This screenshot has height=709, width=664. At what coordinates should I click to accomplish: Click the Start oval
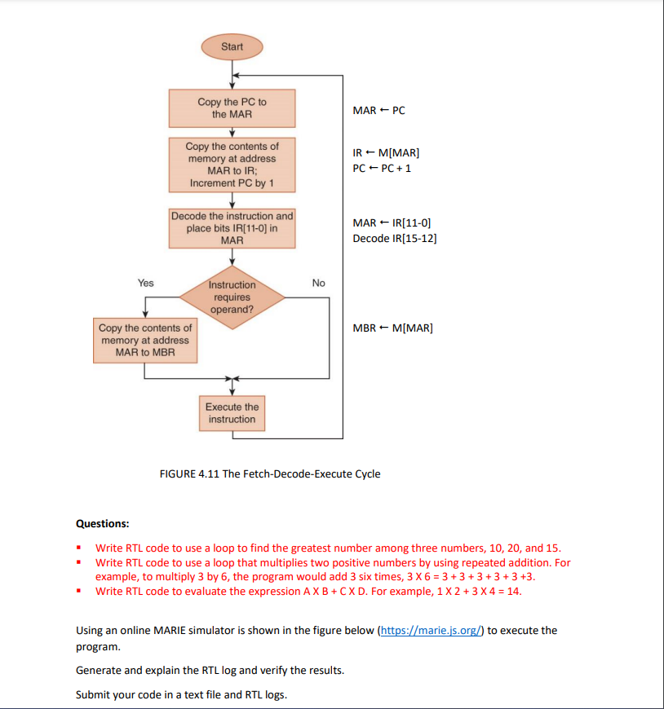pyautogui.click(x=232, y=46)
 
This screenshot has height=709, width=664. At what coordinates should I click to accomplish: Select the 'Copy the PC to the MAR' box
pyautogui.click(x=232, y=108)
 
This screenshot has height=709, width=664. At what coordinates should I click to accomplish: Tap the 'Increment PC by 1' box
pyautogui.click(x=232, y=165)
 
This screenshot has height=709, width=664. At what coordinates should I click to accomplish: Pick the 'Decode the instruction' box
pyautogui.click(x=232, y=228)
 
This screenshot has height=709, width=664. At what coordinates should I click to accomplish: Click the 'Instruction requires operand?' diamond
pyautogui.click(x=232, y=297)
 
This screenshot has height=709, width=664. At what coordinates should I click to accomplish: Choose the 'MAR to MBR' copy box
pyautogui.click(x=145, y=340)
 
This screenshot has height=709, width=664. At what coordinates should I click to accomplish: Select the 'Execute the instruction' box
pyautogui.click(x=232, y=413)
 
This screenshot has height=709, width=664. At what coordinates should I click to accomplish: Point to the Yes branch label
pyautogui.click(x=146, y=283)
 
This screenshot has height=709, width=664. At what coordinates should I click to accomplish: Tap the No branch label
pyautogui.click(x=318, y=283)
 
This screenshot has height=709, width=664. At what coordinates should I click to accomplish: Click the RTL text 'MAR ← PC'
pyautogui.click(x=378, y=110)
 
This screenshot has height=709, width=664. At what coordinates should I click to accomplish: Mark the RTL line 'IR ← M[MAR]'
pyautogui.click(x=386, y=153)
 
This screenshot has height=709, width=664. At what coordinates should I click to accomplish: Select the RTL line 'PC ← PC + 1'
pyautogui.click(x=382, y=168)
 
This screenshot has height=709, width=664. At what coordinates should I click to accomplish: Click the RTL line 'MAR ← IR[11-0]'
pyautogui.click(x=392, y=223)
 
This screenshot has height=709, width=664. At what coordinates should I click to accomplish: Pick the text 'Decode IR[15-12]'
pyautogui.click(x=395, y=238)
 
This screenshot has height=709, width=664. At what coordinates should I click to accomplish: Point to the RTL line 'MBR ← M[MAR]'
pyautogui.click(x=393, y=328)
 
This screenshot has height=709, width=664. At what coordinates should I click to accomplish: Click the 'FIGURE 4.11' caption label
pyautogui.click(x=189, y=473)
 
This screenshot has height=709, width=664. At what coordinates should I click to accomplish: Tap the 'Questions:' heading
pyautogui.click(x=102, y=524)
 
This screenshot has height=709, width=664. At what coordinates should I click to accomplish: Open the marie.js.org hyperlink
pyautogui.click(x=431, y=630)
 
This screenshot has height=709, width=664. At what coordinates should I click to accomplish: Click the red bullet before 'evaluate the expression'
pyautogui.click(x=79, y=591)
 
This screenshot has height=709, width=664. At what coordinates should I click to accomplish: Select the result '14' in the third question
pyautogui.click(x=513, y=592)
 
